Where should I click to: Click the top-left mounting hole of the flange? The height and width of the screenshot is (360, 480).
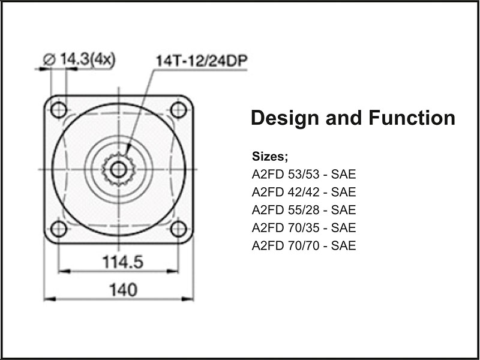[59, 110]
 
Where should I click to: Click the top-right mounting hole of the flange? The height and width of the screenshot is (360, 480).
[178, 110]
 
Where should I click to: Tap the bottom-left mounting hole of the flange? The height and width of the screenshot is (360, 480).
[59, 229]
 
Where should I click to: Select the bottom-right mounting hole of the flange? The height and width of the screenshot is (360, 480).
[178, 229]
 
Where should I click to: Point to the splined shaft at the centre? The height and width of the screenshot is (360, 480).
[118, 169]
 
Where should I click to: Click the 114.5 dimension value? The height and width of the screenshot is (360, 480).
[119, 262]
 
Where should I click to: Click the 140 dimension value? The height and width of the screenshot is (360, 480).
[119, 290]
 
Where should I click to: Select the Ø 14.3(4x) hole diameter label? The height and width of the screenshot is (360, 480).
[80, 59]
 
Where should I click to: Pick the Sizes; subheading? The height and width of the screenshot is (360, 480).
[271, 157]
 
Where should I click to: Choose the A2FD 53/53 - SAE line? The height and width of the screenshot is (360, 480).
[304, 175]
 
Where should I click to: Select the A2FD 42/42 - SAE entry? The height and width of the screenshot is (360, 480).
[304, 193]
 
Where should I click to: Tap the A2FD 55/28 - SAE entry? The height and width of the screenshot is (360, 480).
[304, 210]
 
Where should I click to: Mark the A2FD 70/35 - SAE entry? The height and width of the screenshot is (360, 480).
[304, 228]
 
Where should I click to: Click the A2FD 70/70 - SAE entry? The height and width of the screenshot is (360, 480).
[304, 245]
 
